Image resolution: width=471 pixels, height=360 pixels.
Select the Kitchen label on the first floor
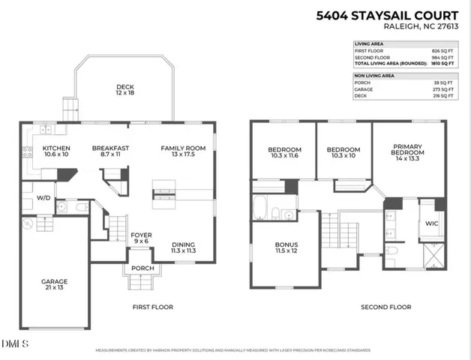coord(55,151)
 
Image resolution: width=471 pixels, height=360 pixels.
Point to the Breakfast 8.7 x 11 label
coord(110,151)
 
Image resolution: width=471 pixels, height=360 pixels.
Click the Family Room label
coord(182,151)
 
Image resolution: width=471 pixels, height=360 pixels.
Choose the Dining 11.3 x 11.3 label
coord(183,247)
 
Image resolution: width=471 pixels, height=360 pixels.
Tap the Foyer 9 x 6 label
coord(141,238)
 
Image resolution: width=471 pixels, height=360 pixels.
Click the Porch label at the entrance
coord(142,269)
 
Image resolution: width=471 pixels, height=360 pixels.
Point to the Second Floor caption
coord(385,307)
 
